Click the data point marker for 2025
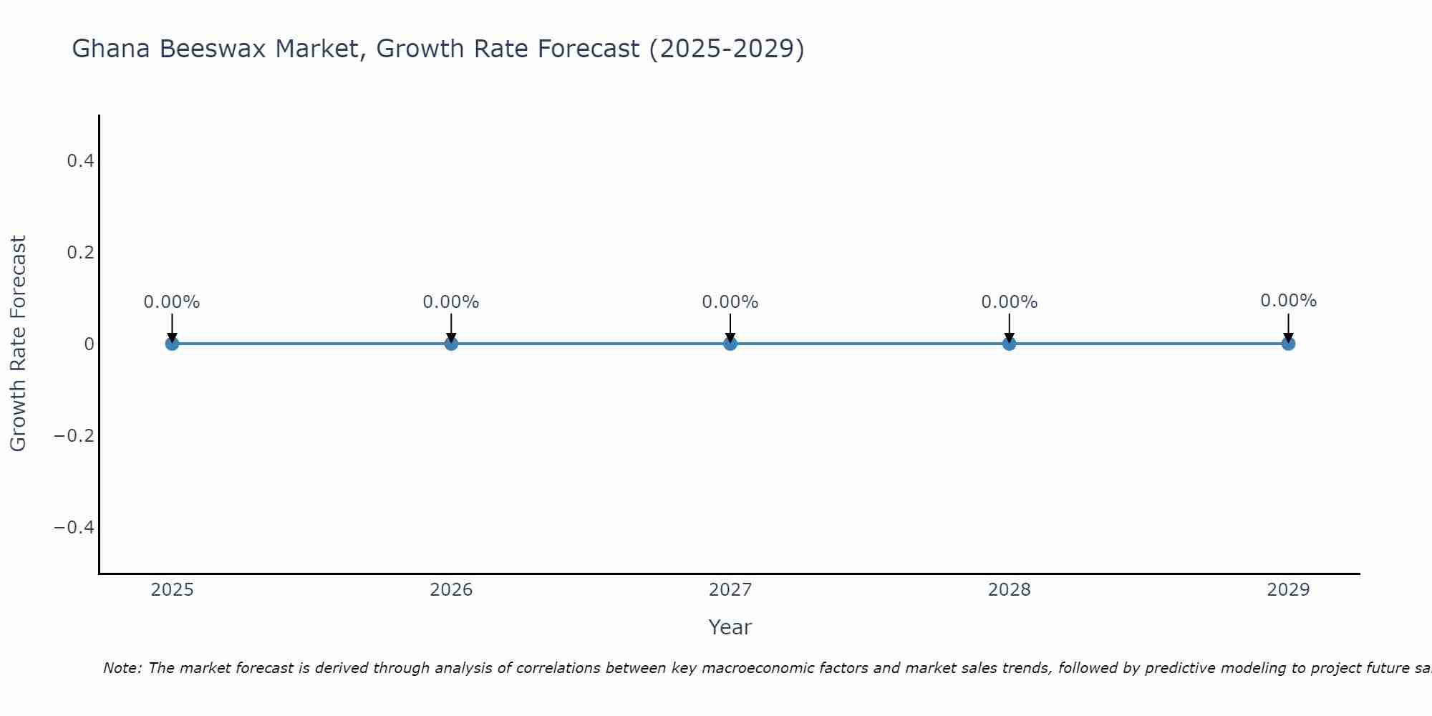tap(172, 344)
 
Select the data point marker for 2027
tap(730, 344)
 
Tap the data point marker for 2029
tap(1288, 344)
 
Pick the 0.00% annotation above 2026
tap(451, 302)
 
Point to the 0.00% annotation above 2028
tap(1010, 302)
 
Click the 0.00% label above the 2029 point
tap(1289, 301)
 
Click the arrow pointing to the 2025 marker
tap(172, 328)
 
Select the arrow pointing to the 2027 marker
tap(730, 328)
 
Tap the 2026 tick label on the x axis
tap(451, 590)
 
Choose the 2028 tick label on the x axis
tap(1010, 590)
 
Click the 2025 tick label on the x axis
tap(173, 590)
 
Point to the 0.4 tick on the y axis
tap(81, 161)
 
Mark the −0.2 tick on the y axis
tap(74, 436)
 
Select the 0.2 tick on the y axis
tap(81, 253)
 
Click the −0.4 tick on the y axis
tap(74, 528)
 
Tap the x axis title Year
tap(730, 628)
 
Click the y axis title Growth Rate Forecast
tap(18, 344)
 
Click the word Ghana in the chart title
tap(112, 49)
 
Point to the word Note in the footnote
tap(121, 669)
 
